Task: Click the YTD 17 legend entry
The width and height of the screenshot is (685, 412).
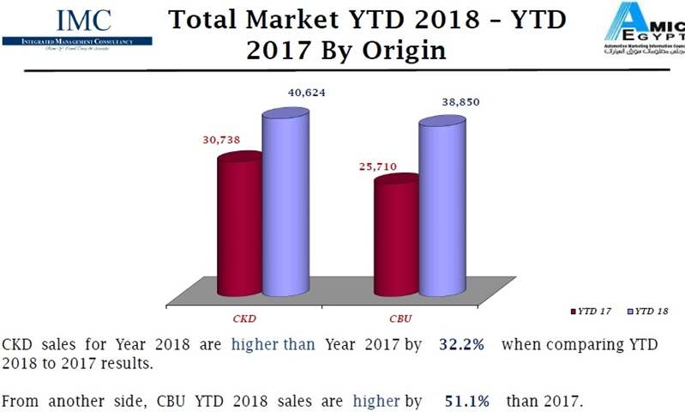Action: point(594,312)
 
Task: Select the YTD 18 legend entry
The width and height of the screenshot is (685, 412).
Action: point(650,312)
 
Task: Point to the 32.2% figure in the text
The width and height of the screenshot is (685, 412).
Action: point(462,345)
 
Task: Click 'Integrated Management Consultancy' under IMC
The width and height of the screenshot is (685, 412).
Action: point(76,40)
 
